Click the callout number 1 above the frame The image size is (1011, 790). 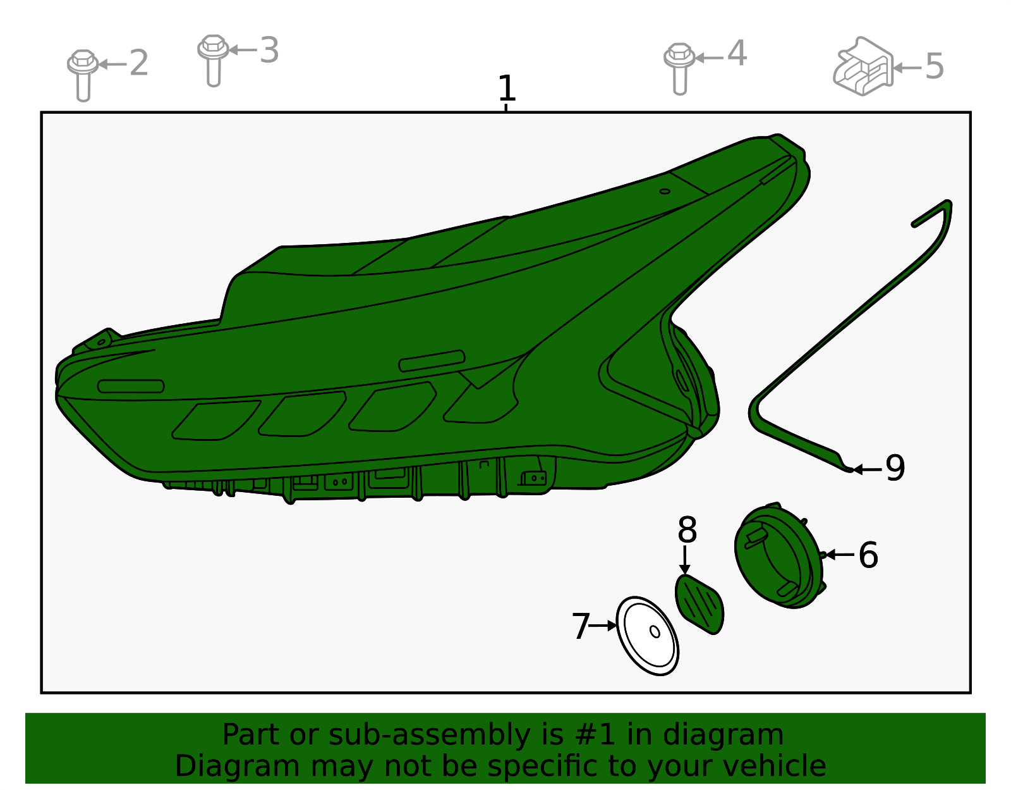click(x=506, y=88)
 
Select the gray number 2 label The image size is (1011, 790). click(x=138, y=63)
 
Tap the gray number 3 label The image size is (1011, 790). click(x=269, y=50)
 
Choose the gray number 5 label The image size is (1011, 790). click(x=935, y=66)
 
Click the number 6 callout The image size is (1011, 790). click(x=868, y=555)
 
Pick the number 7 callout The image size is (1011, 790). click(x=581, y=626)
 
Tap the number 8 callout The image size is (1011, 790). click(x=687, y=530)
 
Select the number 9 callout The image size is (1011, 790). click(x=895, y=468)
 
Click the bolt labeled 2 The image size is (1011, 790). click(x=83, y=75)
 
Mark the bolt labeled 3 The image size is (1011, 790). click(x=213, y=60)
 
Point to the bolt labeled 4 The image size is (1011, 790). click(x=679, y=69)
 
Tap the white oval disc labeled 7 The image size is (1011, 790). click(x=647, y=636)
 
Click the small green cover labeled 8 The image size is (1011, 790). click(x=699, y=604)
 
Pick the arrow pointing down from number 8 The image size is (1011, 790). click(x=684, y=560)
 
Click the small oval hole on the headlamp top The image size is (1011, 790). click(x=665, y=191)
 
